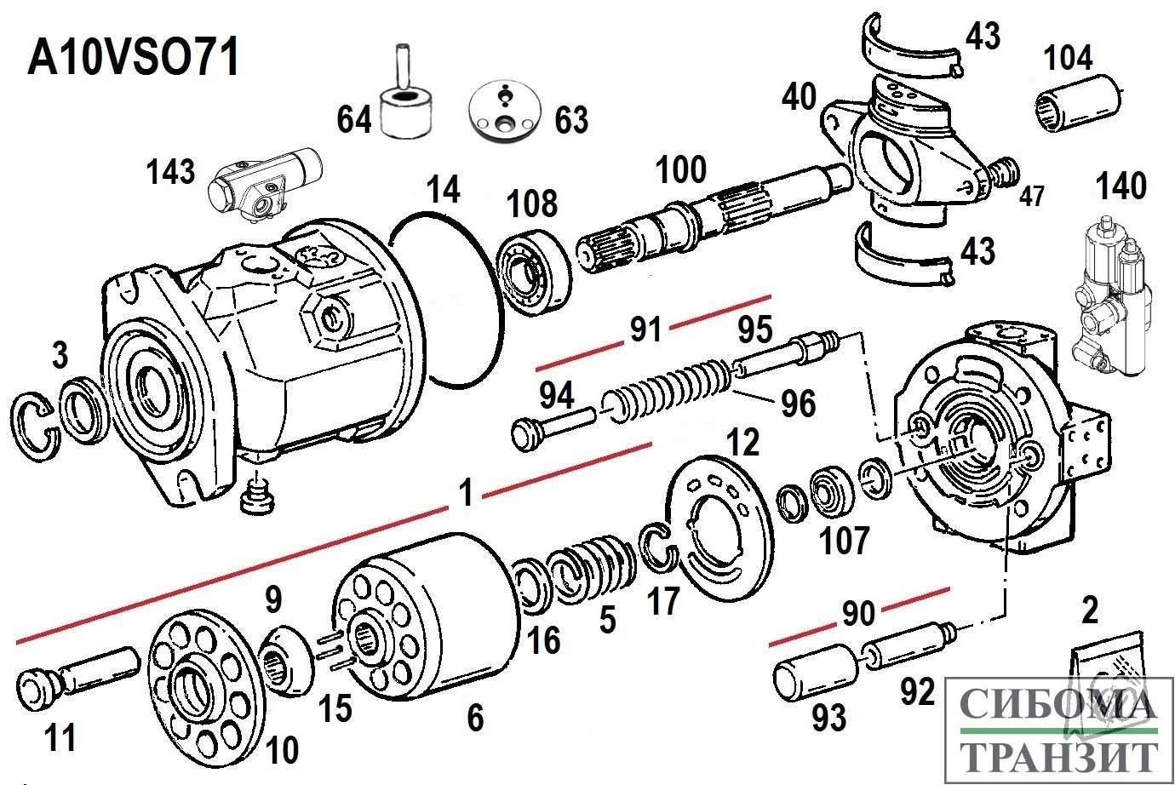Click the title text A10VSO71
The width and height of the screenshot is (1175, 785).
pyautogui.click(x=133, y=59)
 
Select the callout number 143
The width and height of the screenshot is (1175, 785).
pyautogui.click(x=170, y=172)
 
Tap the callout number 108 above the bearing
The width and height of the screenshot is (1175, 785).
pyautogui.click(x=532, y=204)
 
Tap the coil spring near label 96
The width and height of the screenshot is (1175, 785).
pyautogui.click(x=668, y=391)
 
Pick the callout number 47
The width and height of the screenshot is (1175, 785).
pyautogui.click(x=1031, y=197)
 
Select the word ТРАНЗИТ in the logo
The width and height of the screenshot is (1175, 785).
pyautogui.click(x=1059, y=756)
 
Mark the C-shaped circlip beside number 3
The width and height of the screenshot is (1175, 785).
pyautogui.click(x=38, y=427)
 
